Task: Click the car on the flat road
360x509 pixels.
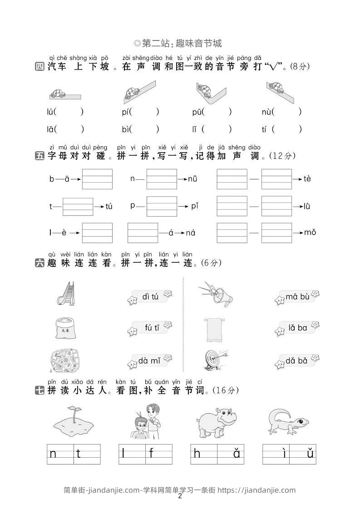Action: pyautogui.click(x=58, y=94)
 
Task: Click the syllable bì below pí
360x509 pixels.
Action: pyautogui.click(x=126, y=129)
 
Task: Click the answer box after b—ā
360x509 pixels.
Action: pyautogui.click(x=97, y=179)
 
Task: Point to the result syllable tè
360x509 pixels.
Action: pyautogui.click(x=307, y=178)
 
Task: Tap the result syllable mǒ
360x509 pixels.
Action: pyautogui.click(x=310, y=232)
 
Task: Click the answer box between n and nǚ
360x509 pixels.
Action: pyautogui.click(x=162, y=179)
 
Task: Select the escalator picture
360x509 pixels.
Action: pyautogui.click(x=66, y=293)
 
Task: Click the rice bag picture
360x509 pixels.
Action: pyautogui.click(x=65, y=328)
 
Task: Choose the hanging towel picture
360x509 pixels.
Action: pyautogui.click(x=214, y=330)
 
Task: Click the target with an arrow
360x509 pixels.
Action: pyautogui.click(x=216, y=361)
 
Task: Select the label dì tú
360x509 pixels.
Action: pyautogui.click(x=150, y=297)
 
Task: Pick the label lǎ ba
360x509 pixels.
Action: pyautogui.click(x=298, y=328)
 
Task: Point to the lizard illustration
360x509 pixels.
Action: pyautogui.click(x=289, y=421)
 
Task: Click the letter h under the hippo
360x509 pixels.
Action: pyautogui.click(x=197, y=453)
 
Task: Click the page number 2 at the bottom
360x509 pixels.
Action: pyautogui.click(x=180, y=496)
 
